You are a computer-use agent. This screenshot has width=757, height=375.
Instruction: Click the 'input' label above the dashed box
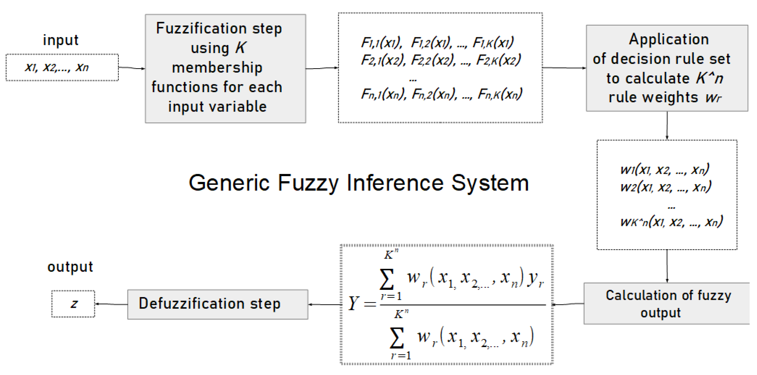point(61,40)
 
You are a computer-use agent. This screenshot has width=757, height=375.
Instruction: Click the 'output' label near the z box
point(70,267)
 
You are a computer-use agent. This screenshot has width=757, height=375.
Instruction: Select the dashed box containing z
point(73,304)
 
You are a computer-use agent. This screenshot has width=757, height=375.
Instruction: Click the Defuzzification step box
point(218,304)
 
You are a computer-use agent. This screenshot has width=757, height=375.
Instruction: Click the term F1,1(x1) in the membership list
point(381,43)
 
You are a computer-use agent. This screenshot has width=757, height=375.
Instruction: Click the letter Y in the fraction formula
point(354,303)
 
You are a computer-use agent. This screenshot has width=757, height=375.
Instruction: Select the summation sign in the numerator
point(387,279)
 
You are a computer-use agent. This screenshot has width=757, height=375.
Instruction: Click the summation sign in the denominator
point(396,338)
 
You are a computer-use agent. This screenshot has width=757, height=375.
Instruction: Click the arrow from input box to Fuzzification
point(132,68)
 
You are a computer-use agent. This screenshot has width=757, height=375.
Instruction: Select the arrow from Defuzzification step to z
point(111,304)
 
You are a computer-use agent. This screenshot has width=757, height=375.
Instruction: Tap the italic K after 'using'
point(240,48)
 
